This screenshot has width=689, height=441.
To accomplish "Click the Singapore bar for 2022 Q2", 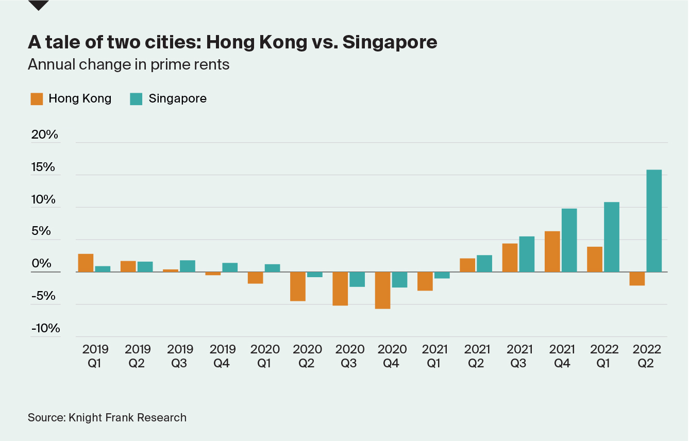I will tap(654, 221).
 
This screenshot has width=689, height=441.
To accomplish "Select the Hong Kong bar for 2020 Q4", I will tap(382, 291).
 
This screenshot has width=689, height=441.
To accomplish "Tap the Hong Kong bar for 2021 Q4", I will tap(552, 251).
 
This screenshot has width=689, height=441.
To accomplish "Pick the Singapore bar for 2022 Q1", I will tap(612, 237).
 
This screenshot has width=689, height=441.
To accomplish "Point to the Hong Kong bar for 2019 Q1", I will tap(86, 263).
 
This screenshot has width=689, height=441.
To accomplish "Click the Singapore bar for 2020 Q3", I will tap(357, 279).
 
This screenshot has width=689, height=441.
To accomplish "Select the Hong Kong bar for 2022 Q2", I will tap(637, 279).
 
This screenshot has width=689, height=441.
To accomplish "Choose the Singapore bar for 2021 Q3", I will tap(527, 254).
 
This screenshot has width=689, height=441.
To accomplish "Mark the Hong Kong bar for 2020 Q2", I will tap(298, 286).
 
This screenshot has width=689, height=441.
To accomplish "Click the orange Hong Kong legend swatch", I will tap(37, 99).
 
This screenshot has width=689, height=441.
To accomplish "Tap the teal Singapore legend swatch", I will tap(137, 99).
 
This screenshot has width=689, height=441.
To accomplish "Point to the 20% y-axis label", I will tap(45, 135).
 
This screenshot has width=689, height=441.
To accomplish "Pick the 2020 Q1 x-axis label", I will tap(265, 356).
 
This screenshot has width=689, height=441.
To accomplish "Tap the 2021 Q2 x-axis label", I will tap(476, 356).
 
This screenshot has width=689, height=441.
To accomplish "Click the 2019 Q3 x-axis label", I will tap(180, 356).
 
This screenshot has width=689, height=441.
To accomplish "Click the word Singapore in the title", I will tap(390, 42).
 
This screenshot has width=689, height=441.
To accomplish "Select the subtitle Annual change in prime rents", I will tap(128, 65).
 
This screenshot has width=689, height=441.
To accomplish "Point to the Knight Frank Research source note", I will tap(107, 417).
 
